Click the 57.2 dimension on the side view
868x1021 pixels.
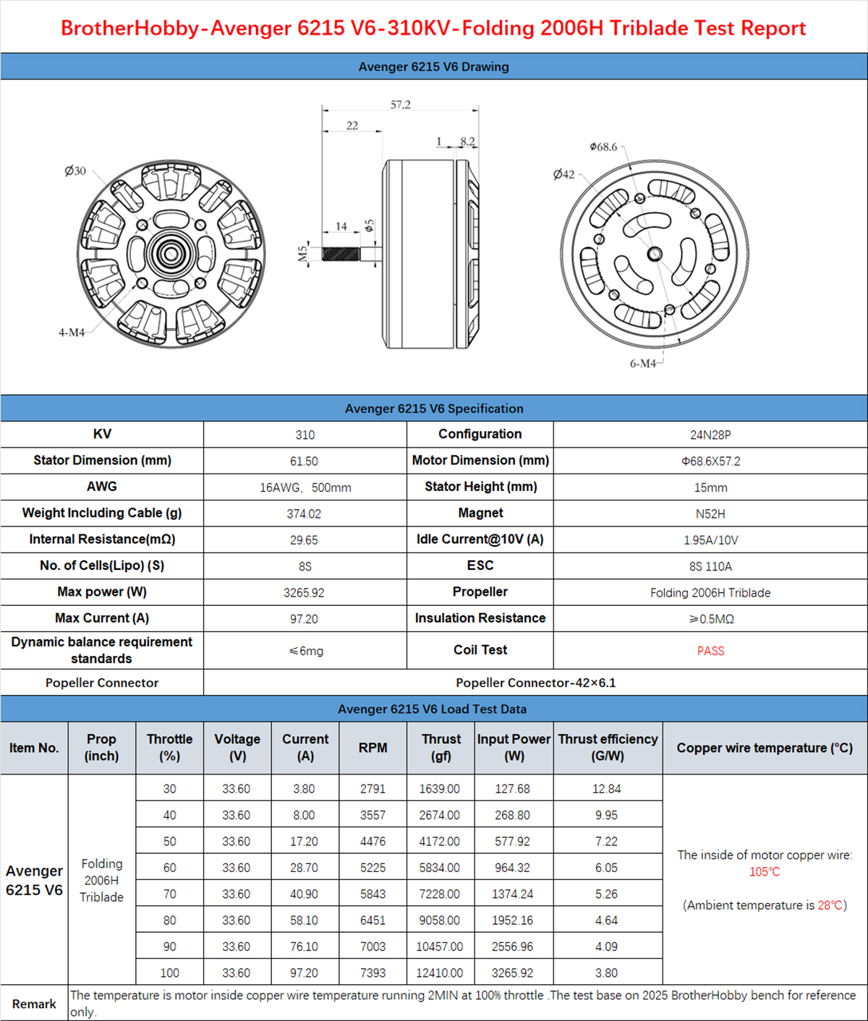point(400,105)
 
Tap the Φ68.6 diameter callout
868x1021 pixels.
point(603,147)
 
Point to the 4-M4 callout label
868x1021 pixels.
point(72,332)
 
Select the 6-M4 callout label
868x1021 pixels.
point(642,363)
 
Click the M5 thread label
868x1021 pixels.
point(304,253)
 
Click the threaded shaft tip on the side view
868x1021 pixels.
point(341,254)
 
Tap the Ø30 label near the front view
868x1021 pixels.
point(75,171)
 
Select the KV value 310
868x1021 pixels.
point(305,435)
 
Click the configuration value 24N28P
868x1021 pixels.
point(710,435)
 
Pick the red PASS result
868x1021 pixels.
point(710,651)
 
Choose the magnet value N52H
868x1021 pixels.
point(710,513)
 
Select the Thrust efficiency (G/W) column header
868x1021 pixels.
point(608,748)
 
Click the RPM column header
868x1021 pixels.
point(373,748)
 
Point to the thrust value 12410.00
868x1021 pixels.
point(439,973)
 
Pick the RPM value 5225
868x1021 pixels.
point(373,868)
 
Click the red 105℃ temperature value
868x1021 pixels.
point(765,871)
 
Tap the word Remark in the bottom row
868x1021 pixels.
point(34,1004)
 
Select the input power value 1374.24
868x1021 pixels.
point(512,894)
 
